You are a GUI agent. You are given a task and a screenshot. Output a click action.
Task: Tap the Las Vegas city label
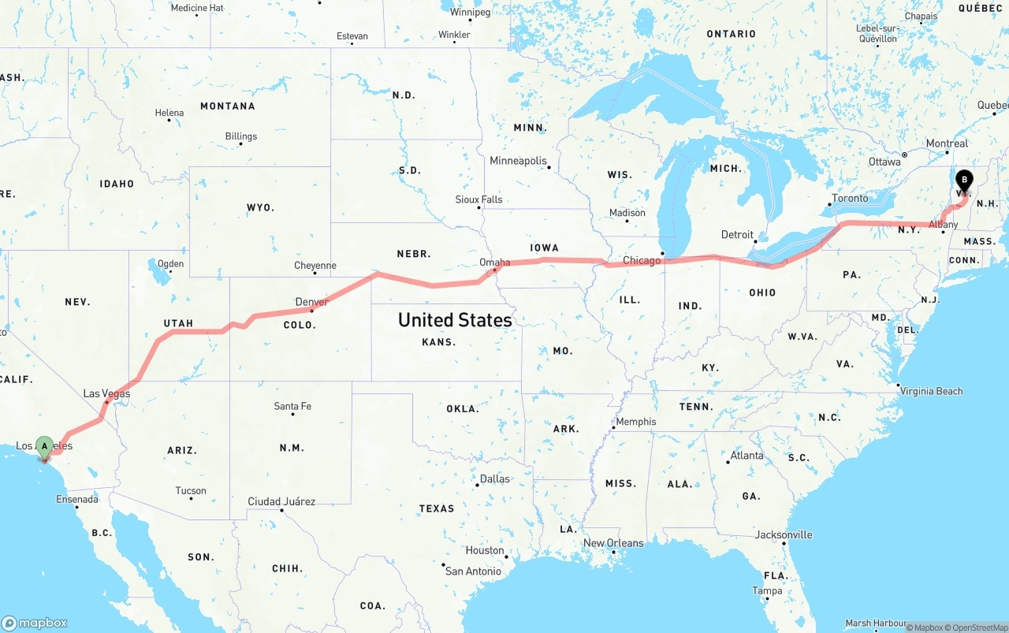click(106, 393)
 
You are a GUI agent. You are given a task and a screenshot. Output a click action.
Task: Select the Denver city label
click(311, 302)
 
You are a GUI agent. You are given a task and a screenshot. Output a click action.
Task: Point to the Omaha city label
click(494, 263)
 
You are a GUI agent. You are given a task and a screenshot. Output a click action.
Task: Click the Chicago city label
click(642, 260)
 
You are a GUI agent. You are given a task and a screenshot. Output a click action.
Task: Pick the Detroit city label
click(737, 235)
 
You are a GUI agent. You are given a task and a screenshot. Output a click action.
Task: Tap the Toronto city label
click(850, 198)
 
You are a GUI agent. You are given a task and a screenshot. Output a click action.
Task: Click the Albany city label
click(943, 225)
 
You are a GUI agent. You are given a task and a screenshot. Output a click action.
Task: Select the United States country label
click(455, 320)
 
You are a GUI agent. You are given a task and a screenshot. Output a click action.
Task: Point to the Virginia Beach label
click(931, 391)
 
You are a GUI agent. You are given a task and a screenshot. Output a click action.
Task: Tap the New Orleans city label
click(613, 543)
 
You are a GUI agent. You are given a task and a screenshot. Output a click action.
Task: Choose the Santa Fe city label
click(292, 406)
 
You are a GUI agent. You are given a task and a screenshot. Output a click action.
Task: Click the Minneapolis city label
click(518, 161)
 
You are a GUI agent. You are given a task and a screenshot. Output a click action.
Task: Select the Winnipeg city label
click(471, 13)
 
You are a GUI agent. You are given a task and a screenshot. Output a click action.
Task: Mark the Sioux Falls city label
click(478, 199)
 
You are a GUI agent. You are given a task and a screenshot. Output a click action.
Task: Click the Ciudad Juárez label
click(281, 501)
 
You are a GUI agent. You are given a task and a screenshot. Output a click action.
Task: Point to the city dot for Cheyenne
click(315, 274)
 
